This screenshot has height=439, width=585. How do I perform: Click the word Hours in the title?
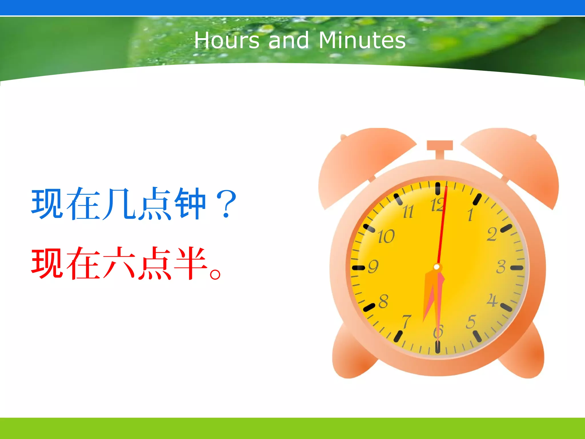227,40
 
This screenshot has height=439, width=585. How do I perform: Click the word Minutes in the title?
362,40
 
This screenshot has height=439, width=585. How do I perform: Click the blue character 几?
119,203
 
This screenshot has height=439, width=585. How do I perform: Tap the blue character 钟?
190,203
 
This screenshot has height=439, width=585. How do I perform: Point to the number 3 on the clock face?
501,267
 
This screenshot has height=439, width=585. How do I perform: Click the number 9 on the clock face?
373,266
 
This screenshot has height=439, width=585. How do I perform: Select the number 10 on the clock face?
386,236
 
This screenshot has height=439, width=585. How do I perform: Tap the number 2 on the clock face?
492,234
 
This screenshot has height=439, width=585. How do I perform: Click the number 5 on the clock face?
471,322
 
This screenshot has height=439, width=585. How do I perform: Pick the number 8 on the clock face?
383,301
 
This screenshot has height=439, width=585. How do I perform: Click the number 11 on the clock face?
408,212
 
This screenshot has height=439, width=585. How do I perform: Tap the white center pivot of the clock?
436,267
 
